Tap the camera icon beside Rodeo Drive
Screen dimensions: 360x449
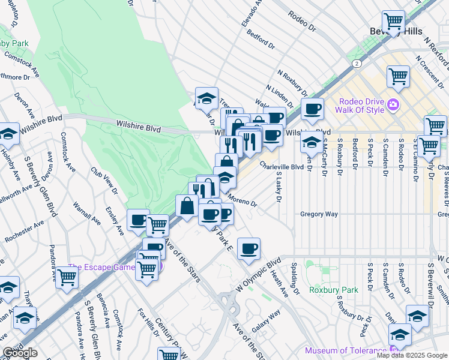tap(393, 105)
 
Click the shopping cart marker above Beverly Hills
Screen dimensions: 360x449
tap(393, 22)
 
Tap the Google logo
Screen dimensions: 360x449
tap(19, 353)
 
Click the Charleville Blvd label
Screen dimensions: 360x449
tap(282, 167)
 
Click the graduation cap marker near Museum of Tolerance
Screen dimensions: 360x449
tap(399, 334)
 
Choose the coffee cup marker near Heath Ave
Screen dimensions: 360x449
tap(249, 248)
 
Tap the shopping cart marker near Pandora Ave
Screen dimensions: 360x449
tap(67, 277)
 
